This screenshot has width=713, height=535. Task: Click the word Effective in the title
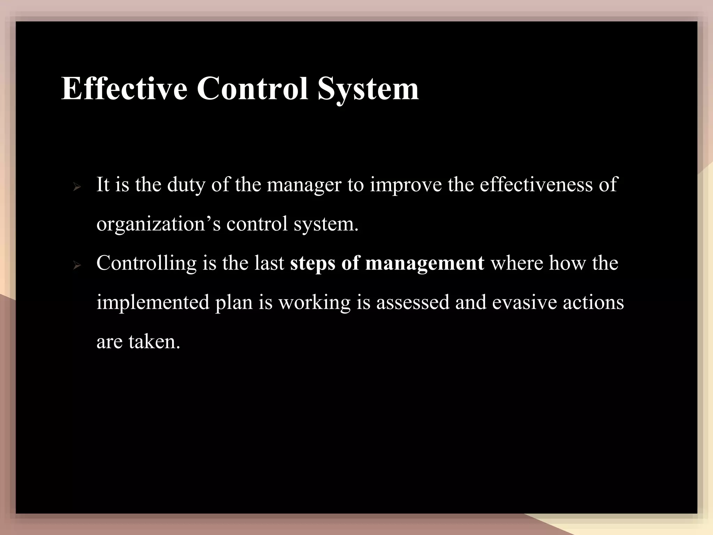[124, 89]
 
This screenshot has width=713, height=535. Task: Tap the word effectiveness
[536, 185]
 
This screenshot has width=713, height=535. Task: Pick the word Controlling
[147, 263]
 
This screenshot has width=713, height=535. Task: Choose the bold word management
[424, 263]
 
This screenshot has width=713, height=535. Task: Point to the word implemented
[153, 302]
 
